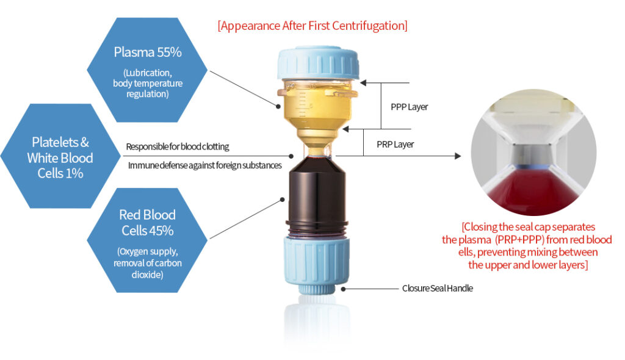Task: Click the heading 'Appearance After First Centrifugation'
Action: click(312, 26)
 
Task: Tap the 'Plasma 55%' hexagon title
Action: click(147, 52)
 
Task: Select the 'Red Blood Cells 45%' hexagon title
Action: click(147, 223)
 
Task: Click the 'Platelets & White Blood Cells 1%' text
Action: click(60, 157)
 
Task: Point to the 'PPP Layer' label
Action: click(409, 107)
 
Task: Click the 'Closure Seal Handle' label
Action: click(437, 288)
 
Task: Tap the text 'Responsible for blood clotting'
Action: click(178, 146)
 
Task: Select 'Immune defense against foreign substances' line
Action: click(204, 165)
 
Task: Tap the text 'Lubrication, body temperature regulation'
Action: click(147, 83)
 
